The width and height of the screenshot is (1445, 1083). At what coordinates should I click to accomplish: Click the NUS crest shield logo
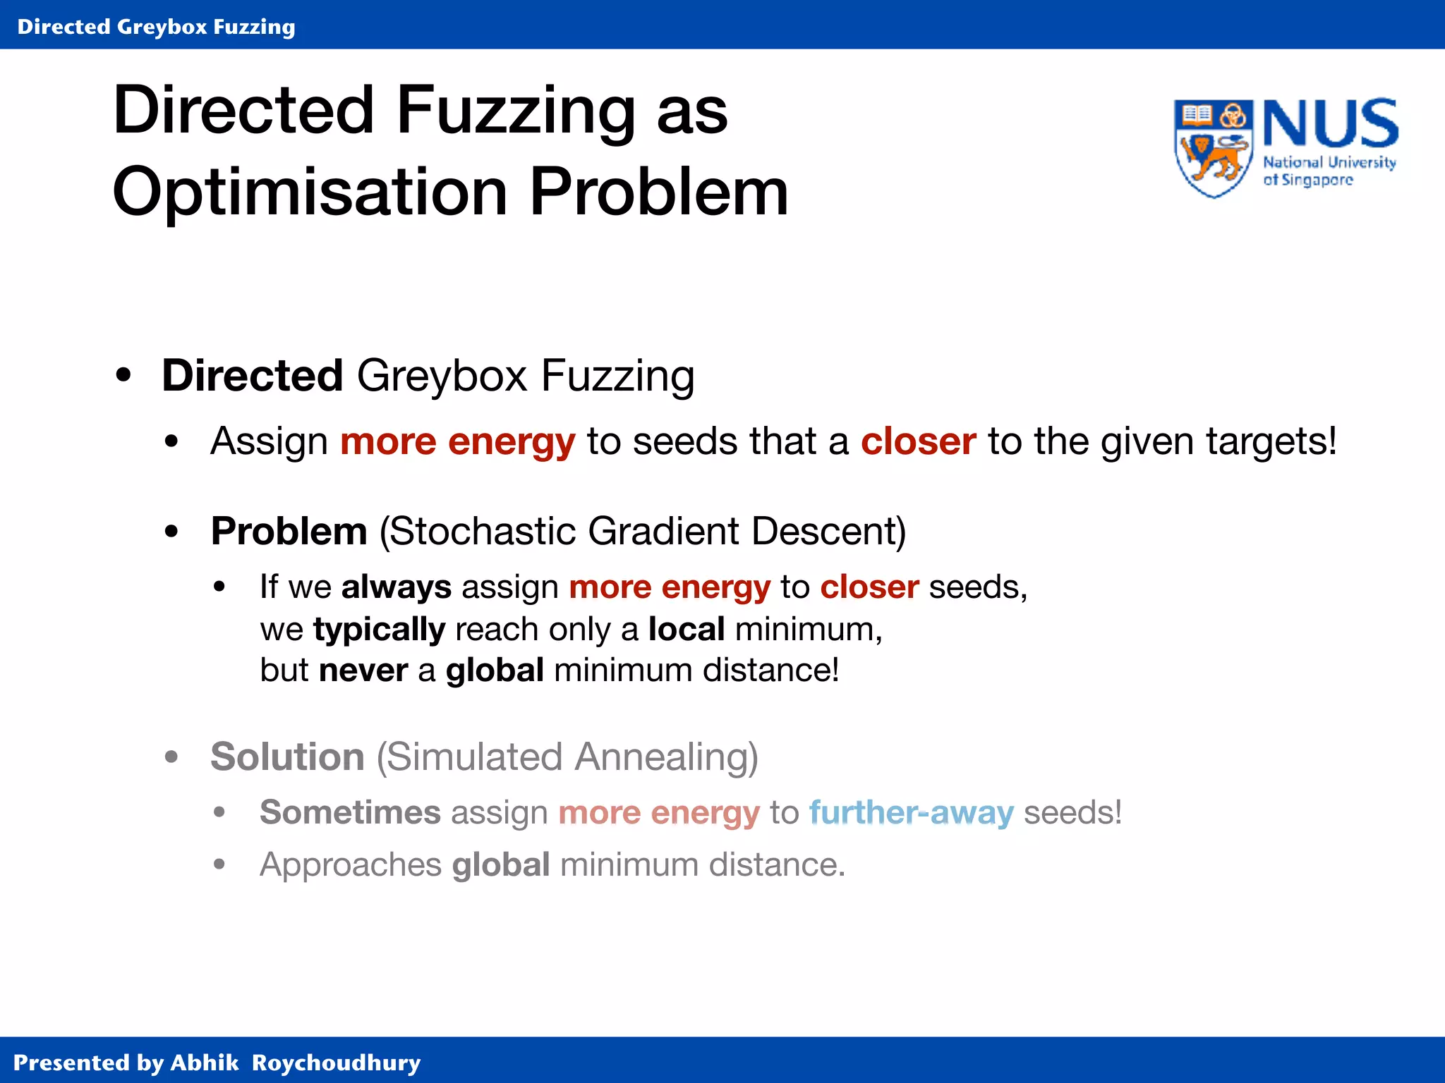click(x=1213, y=148)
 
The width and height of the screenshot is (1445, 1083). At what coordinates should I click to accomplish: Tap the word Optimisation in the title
click(x=310, y=192)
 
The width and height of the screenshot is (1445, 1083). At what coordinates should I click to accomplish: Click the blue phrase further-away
click(x=911, y=812)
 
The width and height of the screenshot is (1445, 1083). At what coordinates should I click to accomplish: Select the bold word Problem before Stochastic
click(x=289, y=531)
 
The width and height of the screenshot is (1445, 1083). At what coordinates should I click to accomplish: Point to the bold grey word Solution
click(x=287, y=757)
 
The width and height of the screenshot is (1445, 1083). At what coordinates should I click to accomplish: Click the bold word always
click(x=396, y=587)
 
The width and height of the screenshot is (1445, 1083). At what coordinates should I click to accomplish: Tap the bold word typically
click(x=379, y=629)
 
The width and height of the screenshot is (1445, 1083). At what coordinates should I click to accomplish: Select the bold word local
click(x=687, y=629)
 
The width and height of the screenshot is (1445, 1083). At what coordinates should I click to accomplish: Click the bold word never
click(x=363, y=670)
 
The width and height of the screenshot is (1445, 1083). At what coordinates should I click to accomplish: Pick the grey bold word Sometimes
click(x=350, y=812)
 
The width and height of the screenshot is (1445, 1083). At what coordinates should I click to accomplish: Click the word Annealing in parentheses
click(x=666, y=757)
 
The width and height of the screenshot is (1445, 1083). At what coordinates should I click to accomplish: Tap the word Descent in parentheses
click(x=828, y=531)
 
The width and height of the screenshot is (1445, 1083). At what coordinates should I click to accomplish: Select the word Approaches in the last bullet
click(x=351, y=865)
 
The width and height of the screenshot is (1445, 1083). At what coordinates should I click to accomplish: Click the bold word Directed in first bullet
click(x=252, y=375)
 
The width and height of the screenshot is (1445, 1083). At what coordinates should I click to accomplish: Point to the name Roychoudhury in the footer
click(x=336, y=1063)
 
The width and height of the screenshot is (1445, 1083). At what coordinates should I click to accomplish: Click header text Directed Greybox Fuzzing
click(x=156, y=27)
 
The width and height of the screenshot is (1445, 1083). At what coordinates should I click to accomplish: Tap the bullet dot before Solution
click(x=171, y=757)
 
